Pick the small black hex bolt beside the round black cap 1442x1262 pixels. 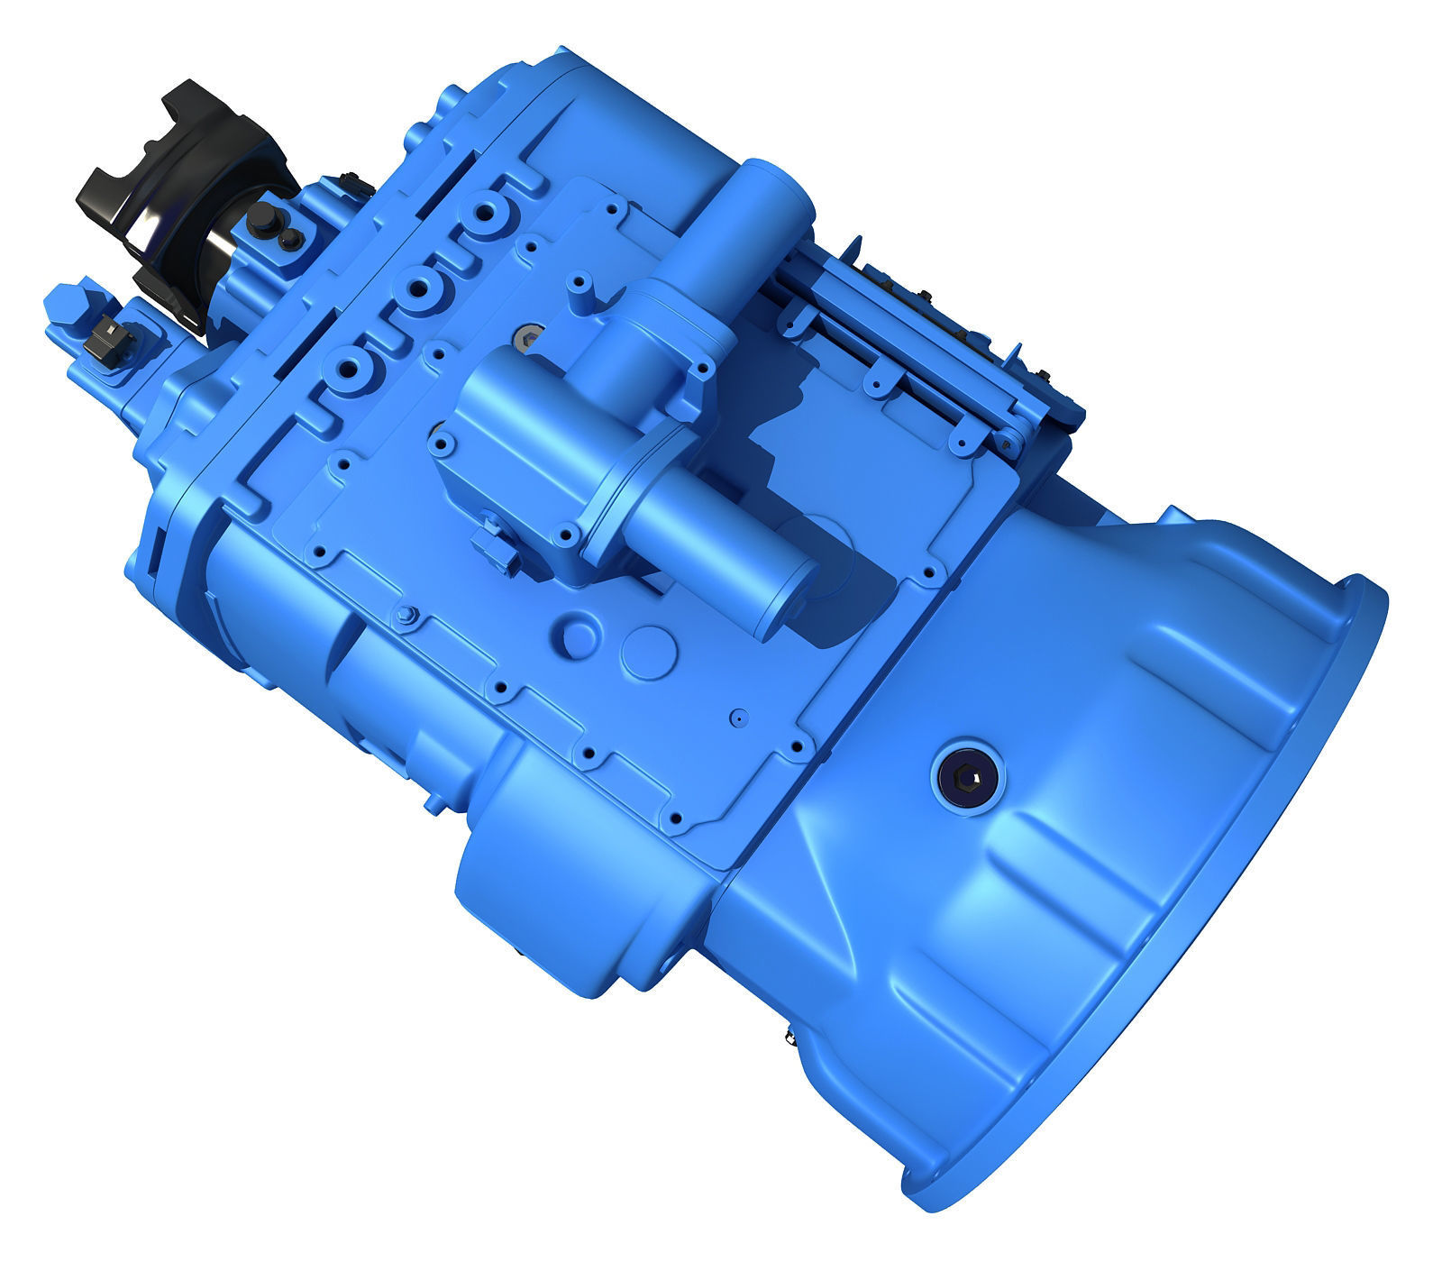point(289,237)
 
